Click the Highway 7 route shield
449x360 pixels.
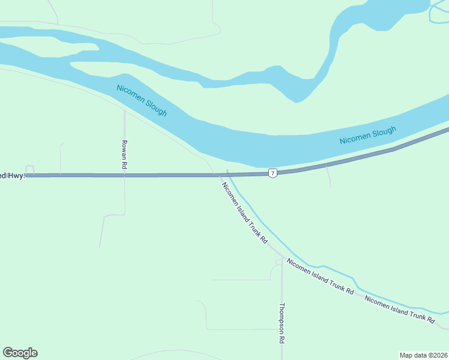pos(273,173)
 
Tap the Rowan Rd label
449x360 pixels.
pos(124,154)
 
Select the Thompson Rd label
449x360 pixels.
pos(282,323)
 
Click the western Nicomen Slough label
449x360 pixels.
pos(142,100)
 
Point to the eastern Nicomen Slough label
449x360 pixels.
pos(367,136)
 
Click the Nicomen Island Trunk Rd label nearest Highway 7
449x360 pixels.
pos(244,212)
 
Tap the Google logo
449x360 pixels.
pos(20,353)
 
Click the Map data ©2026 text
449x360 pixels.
pos(423,355)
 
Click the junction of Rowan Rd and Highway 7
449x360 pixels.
pos(124,175)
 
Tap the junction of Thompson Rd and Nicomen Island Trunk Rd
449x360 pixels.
pos(282,257)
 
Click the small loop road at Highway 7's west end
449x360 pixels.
pos(30,169)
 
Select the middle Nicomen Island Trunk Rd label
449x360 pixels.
pos(319,276)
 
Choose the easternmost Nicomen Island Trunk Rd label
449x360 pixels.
pos(399,310)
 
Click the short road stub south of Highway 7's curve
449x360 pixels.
pos(328,177)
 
